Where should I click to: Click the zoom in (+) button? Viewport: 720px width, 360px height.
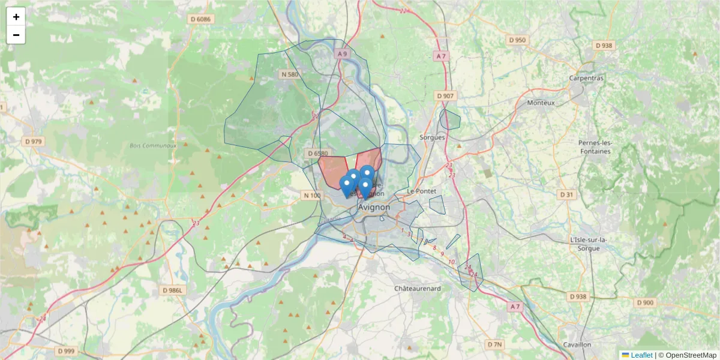point(16,17)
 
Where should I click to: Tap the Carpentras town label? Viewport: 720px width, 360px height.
point(587,78)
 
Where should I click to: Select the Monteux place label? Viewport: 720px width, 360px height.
point(541,103)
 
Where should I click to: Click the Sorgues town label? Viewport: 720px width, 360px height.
point(432,137)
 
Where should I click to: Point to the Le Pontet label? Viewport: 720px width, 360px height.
point(420,191)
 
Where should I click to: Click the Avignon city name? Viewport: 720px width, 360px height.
point(374,207)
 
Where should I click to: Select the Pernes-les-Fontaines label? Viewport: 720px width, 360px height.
point(595,147)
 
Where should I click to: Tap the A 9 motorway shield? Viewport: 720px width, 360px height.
point(342,54)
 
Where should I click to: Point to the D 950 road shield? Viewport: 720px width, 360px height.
point(517,40)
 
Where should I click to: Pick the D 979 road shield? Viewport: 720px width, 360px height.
point(34,142)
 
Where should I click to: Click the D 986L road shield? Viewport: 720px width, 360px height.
point(175,290)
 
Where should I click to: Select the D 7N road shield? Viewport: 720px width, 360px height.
point(494,344)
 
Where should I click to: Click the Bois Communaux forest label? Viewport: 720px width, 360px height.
point(153,146)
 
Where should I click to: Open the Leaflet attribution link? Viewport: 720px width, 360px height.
point(641,355)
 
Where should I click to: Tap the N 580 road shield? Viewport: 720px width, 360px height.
point(289,74)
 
